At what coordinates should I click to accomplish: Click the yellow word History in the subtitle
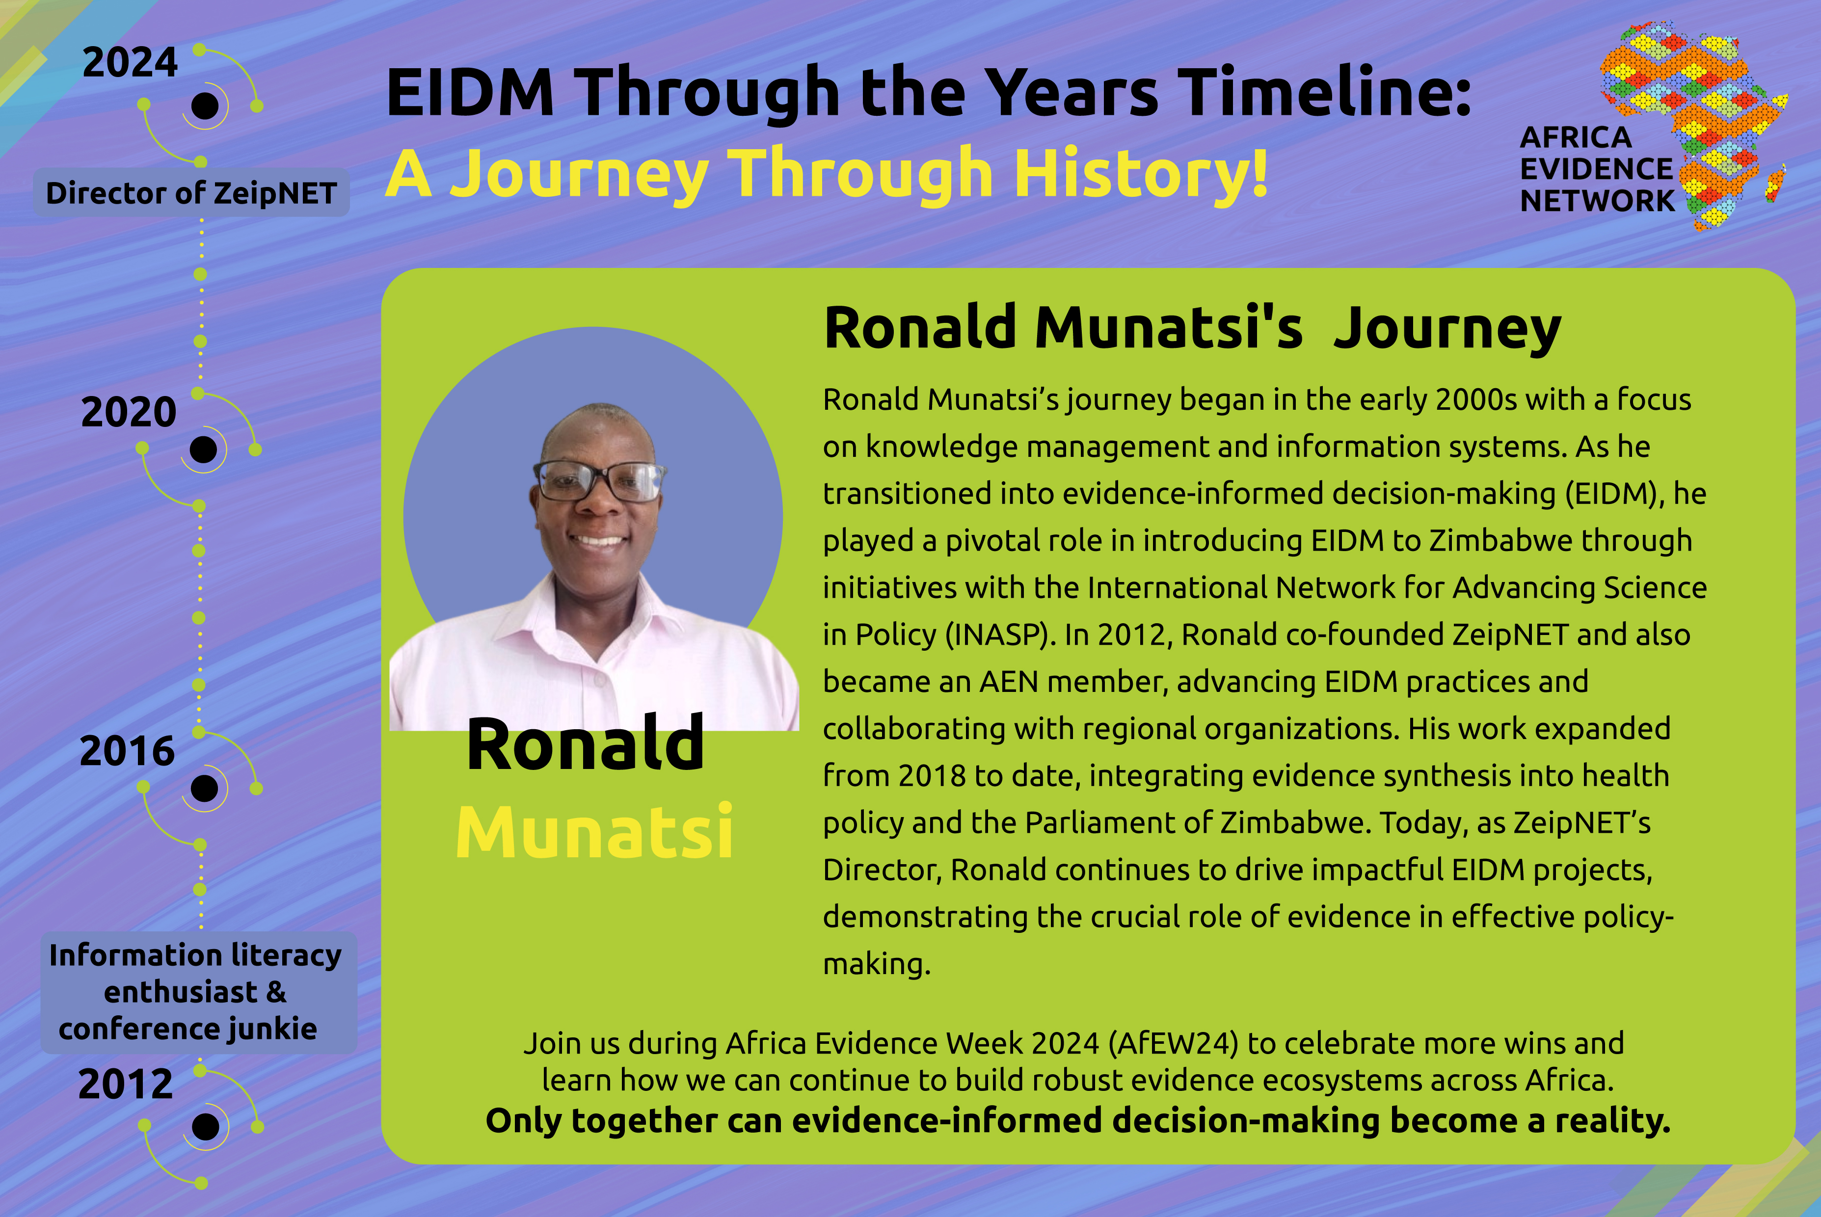tap(1141, 172)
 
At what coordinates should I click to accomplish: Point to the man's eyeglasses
tap(598, 480)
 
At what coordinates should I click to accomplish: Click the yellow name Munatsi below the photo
tap(594, 831)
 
